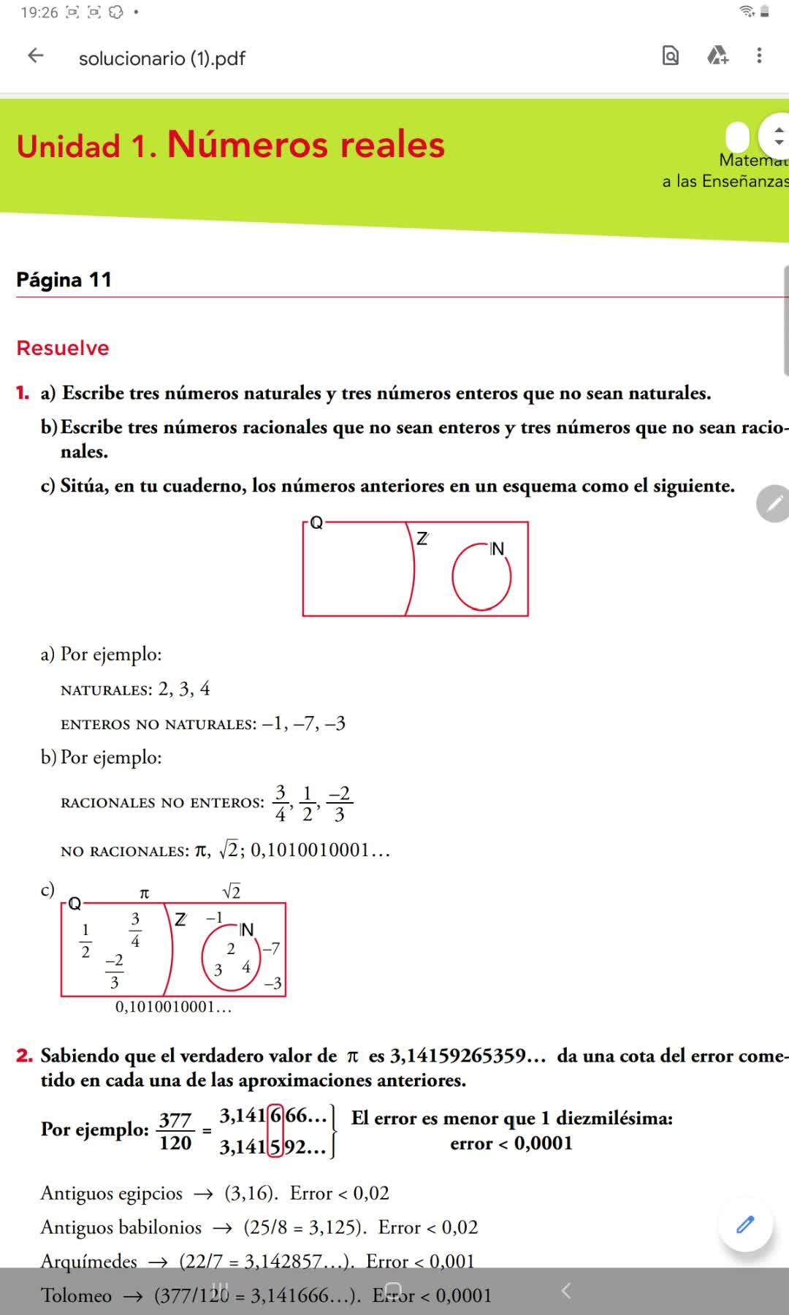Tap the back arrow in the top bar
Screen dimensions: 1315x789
pyautogui.click(x=35, y=56)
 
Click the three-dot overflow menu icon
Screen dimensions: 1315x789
pyautogui.click(x=759, y=56)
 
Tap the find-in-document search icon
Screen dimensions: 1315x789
pyautogui.click(x=670, y=56)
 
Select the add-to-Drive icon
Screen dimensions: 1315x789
pyautogui.click(x=717, y=56)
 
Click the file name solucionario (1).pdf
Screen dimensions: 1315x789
pyautogui.click(x=161, y=58)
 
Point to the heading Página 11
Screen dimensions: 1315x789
pyautogui.click(x=64, y=280)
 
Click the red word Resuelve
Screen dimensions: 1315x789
pyautogui.click(x=63, y=348)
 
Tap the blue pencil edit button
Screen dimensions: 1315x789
pyautogui.click(x=744, y=1225)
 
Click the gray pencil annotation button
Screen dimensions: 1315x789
pyautogui.click(x=774, y=503)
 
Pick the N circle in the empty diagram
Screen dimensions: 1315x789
pyautogui.click(x=481, y=577)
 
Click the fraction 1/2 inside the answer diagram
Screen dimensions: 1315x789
pyautogui.click(x=85, y=940)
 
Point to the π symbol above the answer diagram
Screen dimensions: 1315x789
pyautogui.click(x=144, y=893)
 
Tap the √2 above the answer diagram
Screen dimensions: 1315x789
pyautogui.click(x=231, y=891)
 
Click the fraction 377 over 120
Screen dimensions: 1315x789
pyautogui.click(x=175, y=1131)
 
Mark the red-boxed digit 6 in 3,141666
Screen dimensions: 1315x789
pyautogui.click(x=275, y=1116)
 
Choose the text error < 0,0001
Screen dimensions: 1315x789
pyautogui.click(x=511, y=1143)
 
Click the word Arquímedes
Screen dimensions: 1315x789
pyautogui.click(x=89, y=1262)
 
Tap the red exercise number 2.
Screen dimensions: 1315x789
pyautogui.click(x=25, y=1056)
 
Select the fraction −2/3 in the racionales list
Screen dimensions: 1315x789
pyautogui.click(x=339, y=804)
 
